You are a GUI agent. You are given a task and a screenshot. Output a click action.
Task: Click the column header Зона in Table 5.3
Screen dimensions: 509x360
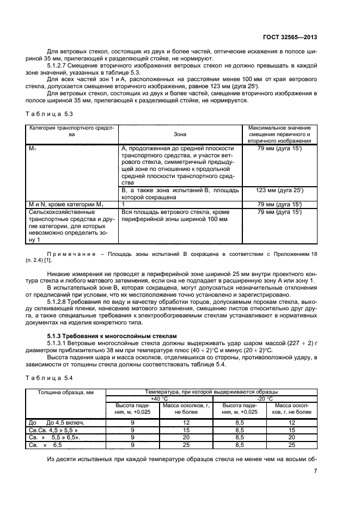click(179, 134)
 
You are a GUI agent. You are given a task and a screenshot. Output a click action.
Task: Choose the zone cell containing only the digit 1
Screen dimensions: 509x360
click(124, 204)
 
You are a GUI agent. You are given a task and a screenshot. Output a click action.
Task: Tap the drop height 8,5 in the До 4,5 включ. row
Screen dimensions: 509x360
click(239, 422)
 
